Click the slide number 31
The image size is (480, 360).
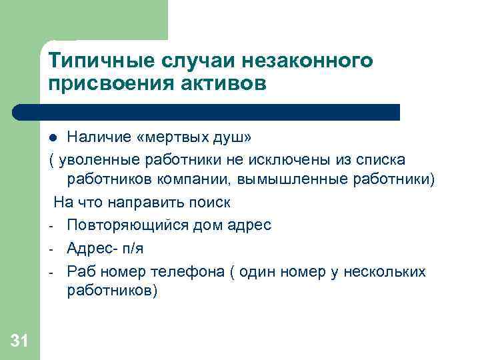coord(19,342)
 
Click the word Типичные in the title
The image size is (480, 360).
coord(91,61)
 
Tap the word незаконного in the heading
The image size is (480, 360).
coord(315,61)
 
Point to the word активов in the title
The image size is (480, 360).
coord(218,84)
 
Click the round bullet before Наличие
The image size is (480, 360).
coord(54,139)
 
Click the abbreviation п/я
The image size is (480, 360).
coord(132,247)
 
